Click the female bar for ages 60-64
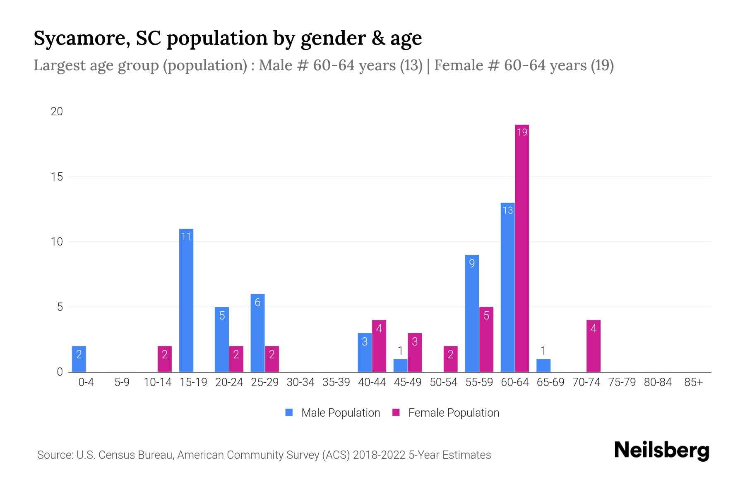(x=522, y=248)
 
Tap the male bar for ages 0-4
(x=79, y=359)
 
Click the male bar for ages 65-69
(x=543, y=366)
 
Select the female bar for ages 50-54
(x=451, y=359)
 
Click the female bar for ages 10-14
(x=165, y=359)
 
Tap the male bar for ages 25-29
(x=257, y=333)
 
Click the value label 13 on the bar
(x=508, y=210)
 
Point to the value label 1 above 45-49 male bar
(x=400, y=351)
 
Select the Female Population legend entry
(x=446, y=413)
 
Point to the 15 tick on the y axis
(x=57, y=177)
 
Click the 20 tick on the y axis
(x=57, y=112)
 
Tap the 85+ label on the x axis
(x=693, y=382)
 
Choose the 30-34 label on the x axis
(x=300, y=382)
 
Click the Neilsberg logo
(x=661, y=451)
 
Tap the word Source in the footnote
(x=54, y=455)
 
